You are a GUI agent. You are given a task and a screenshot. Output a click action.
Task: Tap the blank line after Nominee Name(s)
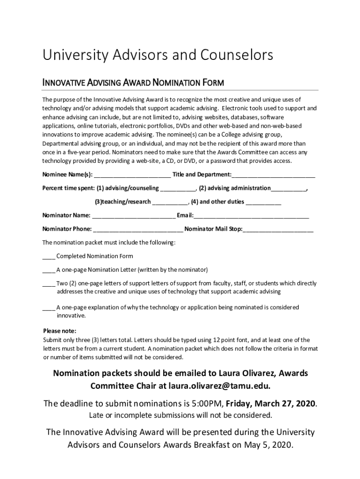(132, 176)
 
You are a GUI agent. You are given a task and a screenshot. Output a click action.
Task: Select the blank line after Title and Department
(274, 176)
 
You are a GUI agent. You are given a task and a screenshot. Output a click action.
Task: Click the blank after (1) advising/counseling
(178, 189)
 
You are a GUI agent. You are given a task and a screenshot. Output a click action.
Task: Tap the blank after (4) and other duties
(263, 203)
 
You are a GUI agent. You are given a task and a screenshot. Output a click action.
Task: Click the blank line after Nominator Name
(134, 216)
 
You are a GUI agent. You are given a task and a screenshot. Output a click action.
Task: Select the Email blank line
(251, 216)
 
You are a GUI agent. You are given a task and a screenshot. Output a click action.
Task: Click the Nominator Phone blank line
(138, 230)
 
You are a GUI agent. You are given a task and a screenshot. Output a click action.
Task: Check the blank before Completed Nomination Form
(49, 257)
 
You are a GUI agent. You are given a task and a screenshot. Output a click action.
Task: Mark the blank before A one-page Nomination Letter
(49, 270)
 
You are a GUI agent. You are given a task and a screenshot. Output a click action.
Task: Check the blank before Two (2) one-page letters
(49, 284)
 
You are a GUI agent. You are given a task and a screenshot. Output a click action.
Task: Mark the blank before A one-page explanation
(49, 308)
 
